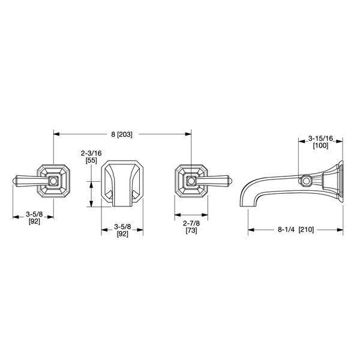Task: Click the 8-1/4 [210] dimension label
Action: click(296, 229)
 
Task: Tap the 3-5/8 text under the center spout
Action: click(122, 227)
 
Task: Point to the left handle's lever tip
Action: click(16, 180)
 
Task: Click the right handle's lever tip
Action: click(228, 180)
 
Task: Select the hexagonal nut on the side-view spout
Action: click(306, 180)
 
